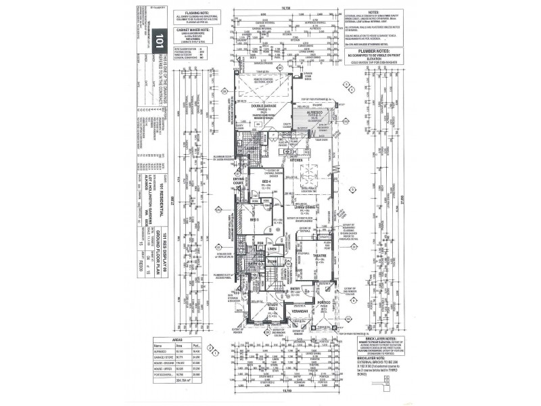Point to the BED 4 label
pyautogui.click(x=266, y=182)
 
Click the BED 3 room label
pyautogui.click(x=254, y=219)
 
